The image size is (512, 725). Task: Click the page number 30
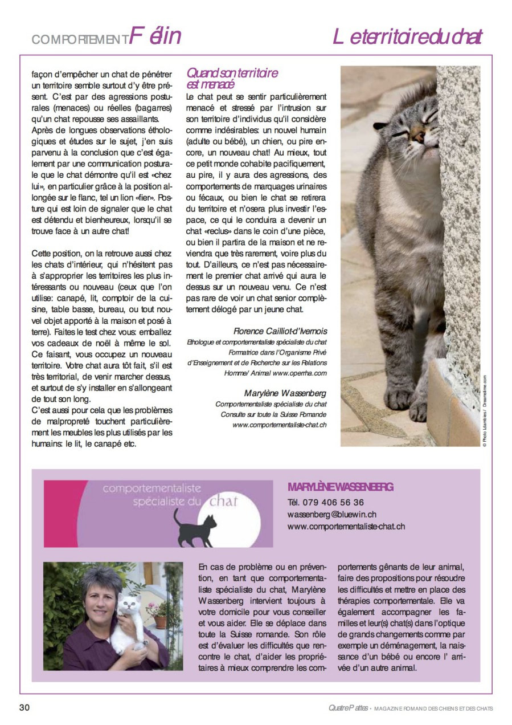coord(24,707)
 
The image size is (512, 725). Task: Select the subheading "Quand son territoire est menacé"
coord(232,79)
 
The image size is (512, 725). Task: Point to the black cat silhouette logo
coord(195,528)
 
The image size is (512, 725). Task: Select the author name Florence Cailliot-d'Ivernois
coord(280,331)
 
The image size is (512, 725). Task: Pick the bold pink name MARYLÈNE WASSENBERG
coord(341,487)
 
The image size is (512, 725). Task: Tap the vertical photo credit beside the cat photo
coord(485,410)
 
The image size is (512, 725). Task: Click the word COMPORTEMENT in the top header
coord(80,39)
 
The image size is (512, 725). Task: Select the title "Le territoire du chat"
coord(408,37)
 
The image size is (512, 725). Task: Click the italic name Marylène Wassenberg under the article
coord(285,393)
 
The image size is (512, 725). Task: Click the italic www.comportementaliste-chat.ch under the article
coord(279,425)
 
